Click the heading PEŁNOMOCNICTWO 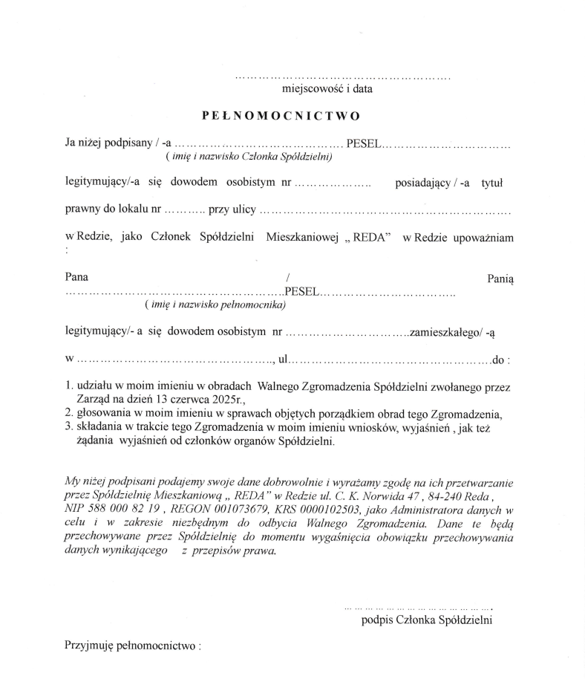coord(281,117)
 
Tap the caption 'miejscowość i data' coord(327,89)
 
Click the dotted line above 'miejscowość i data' coord(342,77)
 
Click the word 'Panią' coord(500,277)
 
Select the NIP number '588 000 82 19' coord(111,510)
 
